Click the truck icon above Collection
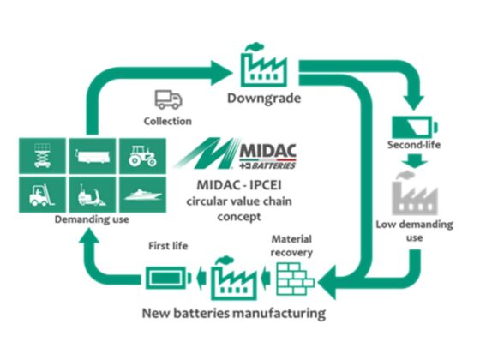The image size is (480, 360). pos(168,99)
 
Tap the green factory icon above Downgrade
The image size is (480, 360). pos(264,66)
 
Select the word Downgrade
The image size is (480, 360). pos(264,99)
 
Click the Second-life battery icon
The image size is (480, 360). pos(415,127)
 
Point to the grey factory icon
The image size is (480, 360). pos(415,194)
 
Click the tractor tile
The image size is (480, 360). pos(142,155)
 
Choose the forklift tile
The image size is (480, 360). pos(42,195)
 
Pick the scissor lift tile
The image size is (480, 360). pos(42,155)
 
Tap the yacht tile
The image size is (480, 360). pos(142,195)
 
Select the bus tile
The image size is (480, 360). pos(93,155)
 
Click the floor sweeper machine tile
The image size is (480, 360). pos(93,195)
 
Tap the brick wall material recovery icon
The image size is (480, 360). pos(295,279)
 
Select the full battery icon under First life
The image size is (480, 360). pos(168,279)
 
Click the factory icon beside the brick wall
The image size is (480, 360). pos(234,279)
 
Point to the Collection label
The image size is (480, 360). pos(168,121)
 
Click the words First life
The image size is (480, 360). pos(168,246)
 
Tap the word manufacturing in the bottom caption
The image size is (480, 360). pos(279,314)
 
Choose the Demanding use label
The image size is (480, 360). pos(92,219)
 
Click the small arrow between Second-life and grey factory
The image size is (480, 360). pos(415,161)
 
